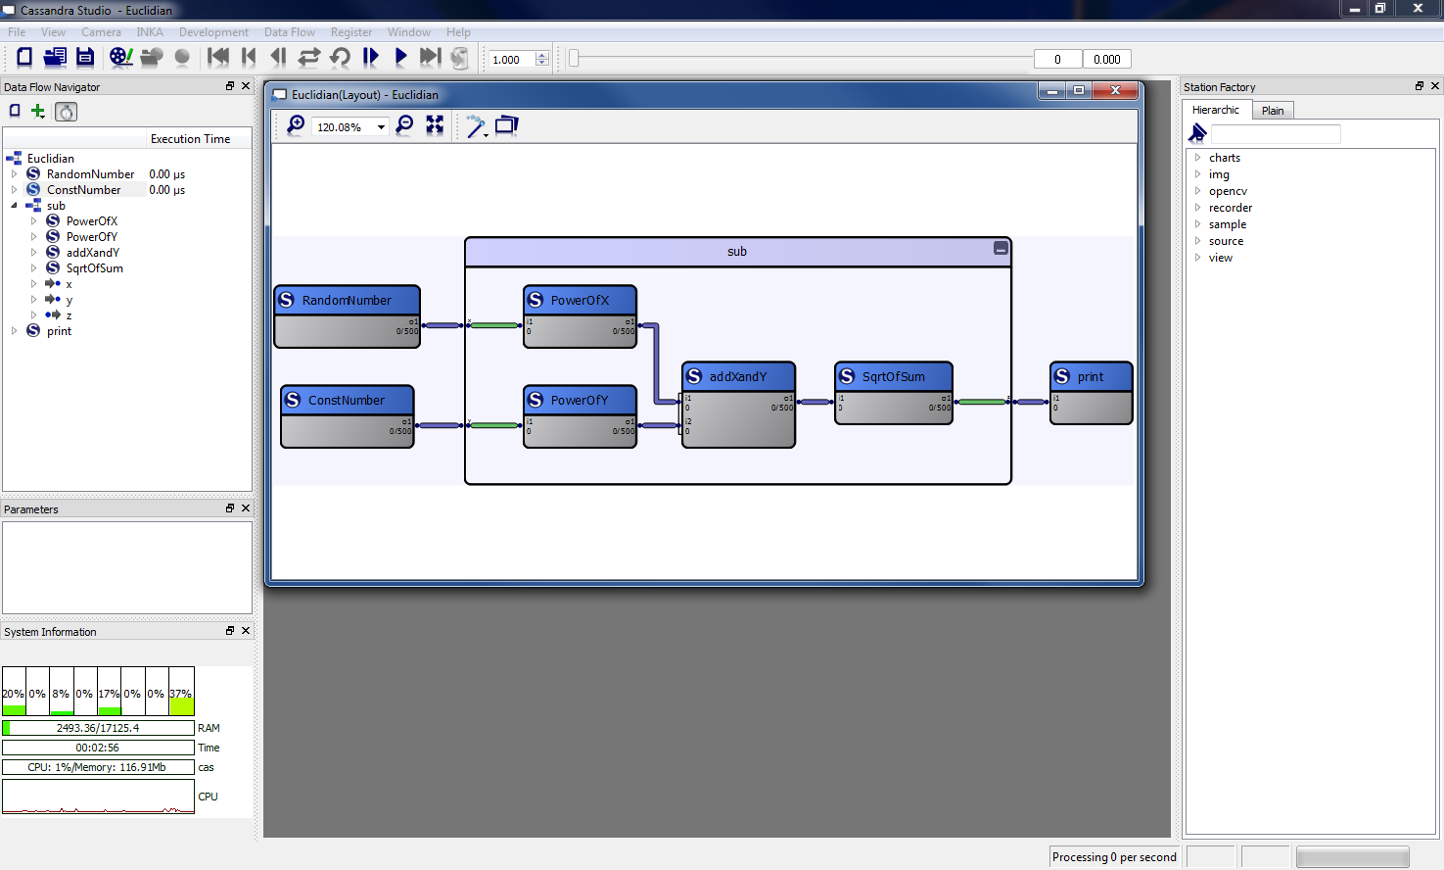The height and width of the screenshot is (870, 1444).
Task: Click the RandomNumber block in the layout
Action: coord(347,315)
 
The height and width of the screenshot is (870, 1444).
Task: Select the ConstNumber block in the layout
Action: coord(347,415)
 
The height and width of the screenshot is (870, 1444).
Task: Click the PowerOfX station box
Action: coord(580,315)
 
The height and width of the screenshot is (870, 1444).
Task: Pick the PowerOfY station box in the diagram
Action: coord(580,415)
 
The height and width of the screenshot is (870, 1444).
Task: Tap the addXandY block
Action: coord(738,404)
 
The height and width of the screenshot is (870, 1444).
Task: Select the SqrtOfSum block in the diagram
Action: coord(893,392)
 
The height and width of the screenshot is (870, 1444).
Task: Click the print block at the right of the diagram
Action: coord(1091,392)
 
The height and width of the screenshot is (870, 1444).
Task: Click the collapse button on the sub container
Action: coord(1001,249)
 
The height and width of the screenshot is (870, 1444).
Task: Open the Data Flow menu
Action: coord(290,32)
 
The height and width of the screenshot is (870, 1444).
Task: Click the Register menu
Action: coord(351,32)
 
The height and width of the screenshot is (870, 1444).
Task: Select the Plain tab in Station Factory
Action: coord(1273,111)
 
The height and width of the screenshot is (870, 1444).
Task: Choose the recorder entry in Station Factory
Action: coord(1230,208)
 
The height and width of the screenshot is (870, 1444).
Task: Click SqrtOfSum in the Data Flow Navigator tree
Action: coord(94,268)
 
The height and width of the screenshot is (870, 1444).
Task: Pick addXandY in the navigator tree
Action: coord(92,253)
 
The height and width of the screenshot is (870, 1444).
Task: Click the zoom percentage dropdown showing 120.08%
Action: coord(350,127)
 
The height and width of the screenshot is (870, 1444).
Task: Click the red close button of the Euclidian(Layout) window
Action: coord(1114,91)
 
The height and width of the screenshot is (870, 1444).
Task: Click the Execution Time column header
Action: coord(190,139)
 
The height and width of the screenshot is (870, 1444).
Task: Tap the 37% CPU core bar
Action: coord(181,692)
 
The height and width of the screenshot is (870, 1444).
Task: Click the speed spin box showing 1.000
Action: coord(511,60)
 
